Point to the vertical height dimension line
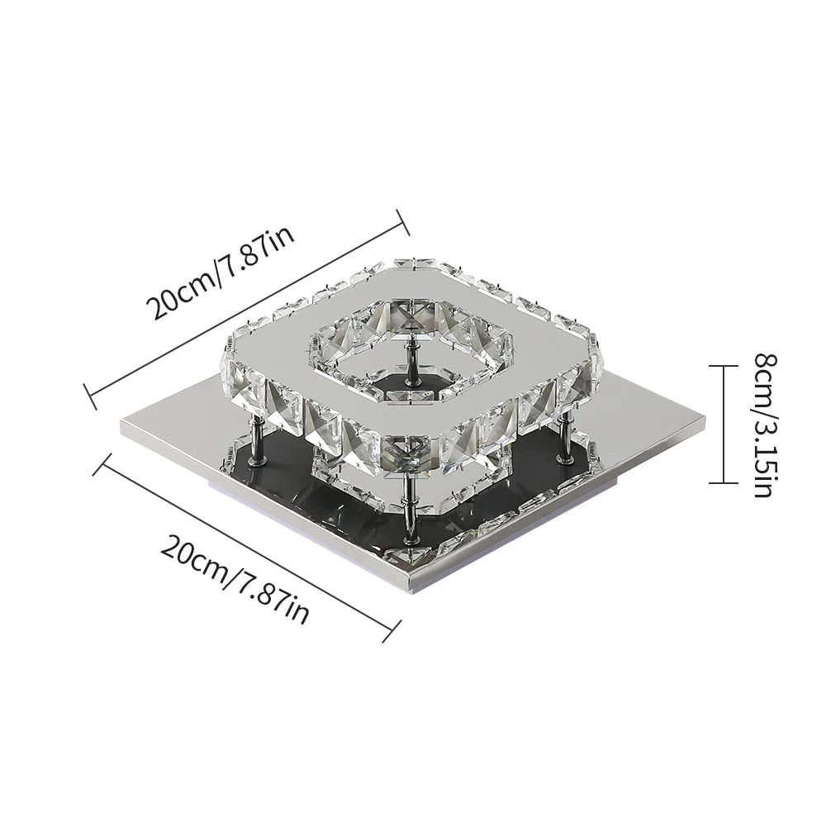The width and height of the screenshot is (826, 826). pyautogui.click(x=723, y=424)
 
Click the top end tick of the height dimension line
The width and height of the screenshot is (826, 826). pyautogui.click(x=723, y=366)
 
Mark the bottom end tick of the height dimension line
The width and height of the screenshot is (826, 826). pyautogui.click(x=723, y=482)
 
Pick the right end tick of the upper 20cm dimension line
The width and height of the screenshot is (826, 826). pyautogui.click(x=402, y=221)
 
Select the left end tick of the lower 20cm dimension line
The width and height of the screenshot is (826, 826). pyautogui.click(x=101, y=463)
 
